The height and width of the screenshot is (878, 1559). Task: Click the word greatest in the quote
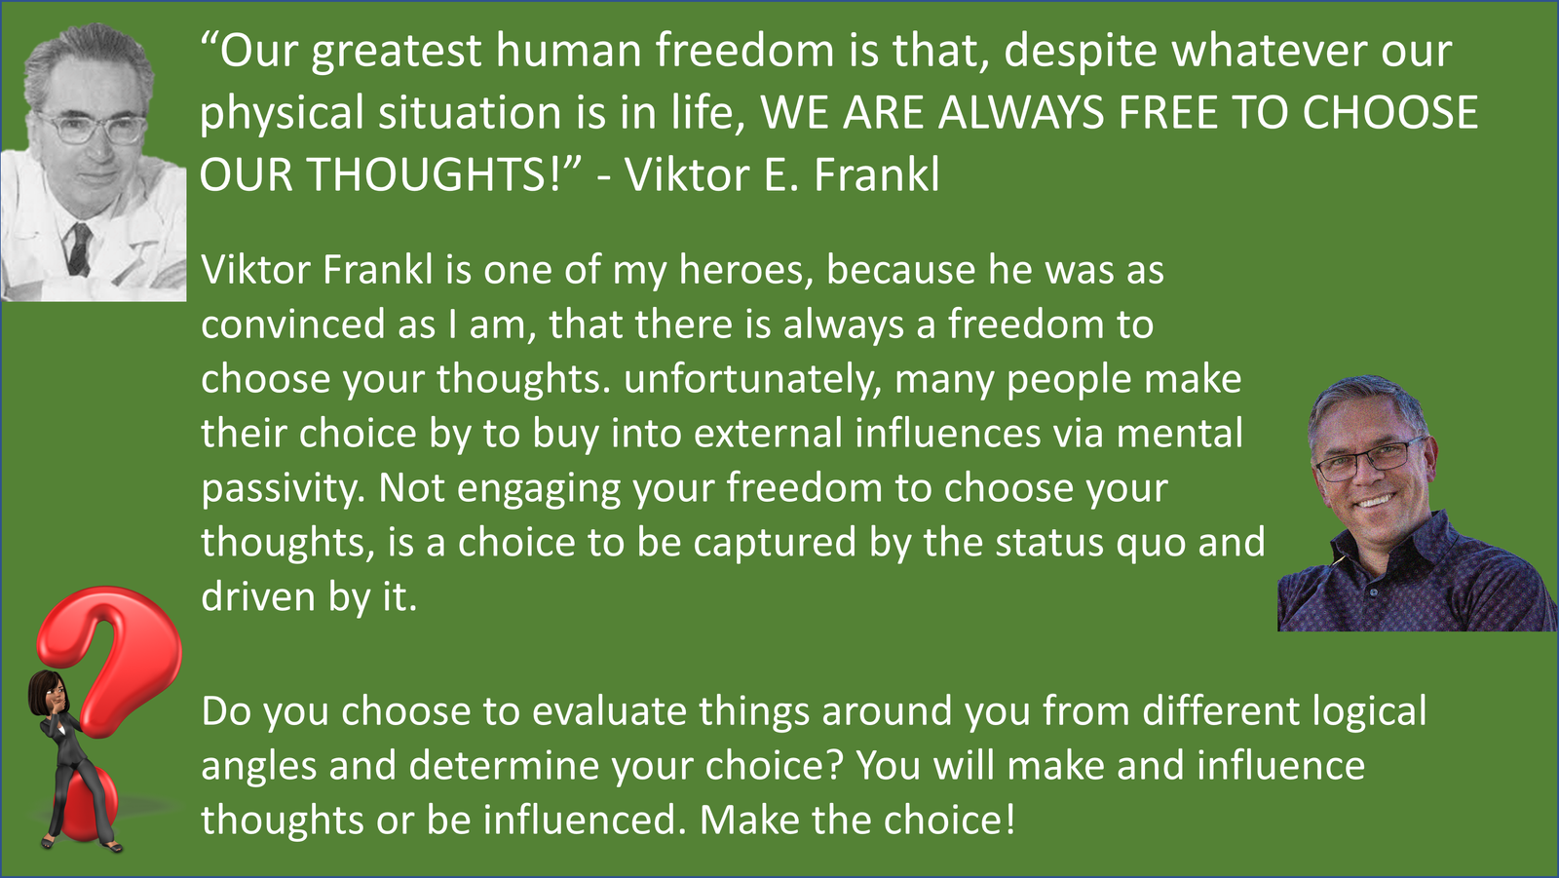click(396, 53)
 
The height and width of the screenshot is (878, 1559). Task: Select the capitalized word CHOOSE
click(1389, 112)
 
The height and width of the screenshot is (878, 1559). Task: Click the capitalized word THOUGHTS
click(433, 174)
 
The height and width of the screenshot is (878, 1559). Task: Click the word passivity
click(284, 489)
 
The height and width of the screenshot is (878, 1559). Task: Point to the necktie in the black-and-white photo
click(78, 248)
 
